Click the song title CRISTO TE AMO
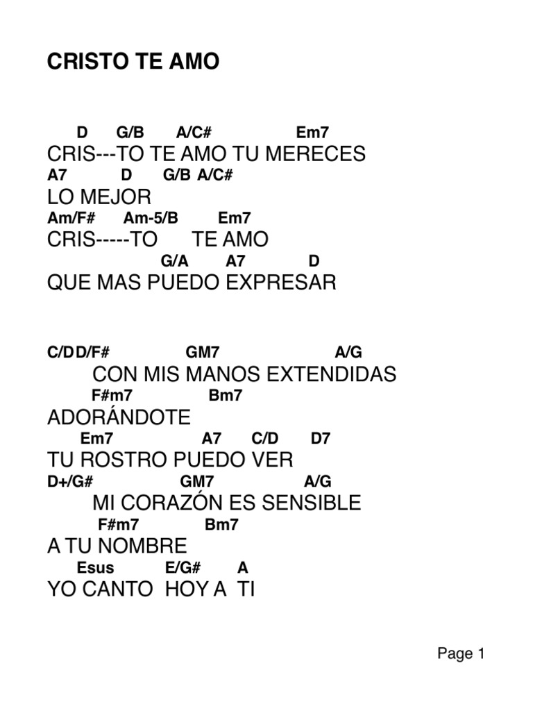133,62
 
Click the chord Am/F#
71,218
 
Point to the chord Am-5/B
151,218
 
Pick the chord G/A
175,261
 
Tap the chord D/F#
93,353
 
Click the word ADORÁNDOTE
119,418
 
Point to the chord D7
321,439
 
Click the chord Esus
96,568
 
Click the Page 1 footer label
460,653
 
